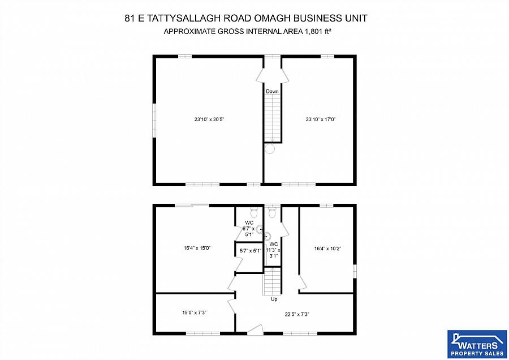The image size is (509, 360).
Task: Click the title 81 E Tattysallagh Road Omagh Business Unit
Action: pyautogui.click(x=246, y=18)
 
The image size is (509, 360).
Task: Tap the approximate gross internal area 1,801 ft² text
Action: pyautogui.click(x=247, y=31)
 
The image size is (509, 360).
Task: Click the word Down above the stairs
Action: pyautogui.click(x=273, y=91)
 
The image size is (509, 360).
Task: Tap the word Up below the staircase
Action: pyautogui.click(x=274, y=299)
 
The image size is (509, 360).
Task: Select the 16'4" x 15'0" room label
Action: pyautogui.click(x=197, y=247)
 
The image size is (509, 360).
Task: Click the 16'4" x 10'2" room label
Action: pyautogui.click(x=328, y=247)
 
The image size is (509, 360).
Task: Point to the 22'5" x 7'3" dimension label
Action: pyautogui.click(x=296, y=314)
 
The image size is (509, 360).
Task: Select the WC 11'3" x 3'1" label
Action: pyautogui.click(x=274, y=250)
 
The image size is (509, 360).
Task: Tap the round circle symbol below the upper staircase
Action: pyautogui.click(x=270, y=149)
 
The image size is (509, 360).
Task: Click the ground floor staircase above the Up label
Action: pyautogui.click(x=272, y=281)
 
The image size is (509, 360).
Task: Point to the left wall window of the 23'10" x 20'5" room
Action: pyautogui.click(x=154, y=120)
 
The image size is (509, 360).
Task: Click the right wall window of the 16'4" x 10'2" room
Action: pyautogui.click(x=355, y=271)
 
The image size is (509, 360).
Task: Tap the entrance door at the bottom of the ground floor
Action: pyautogui.click(x=255, y=329)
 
